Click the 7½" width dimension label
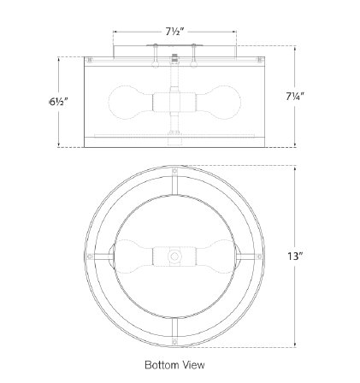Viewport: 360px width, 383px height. click(175, 32)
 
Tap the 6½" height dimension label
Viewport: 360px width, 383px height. click(59, 102)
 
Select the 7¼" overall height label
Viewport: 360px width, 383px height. click(295, 97)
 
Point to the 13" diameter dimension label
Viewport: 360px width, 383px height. click(294, 256)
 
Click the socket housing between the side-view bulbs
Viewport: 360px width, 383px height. click(174, 103)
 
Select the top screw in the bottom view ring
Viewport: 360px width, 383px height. click(174, 172)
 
